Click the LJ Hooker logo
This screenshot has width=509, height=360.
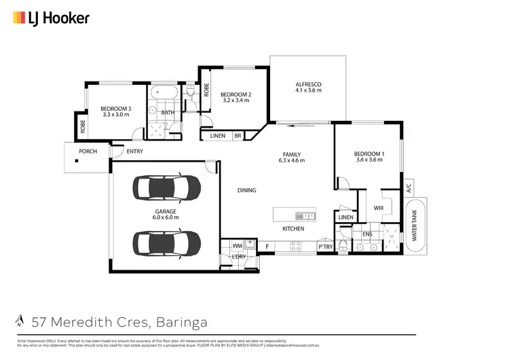(51, 18)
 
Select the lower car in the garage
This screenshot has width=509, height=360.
(166, 242)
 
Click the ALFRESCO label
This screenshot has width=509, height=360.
(307, 84)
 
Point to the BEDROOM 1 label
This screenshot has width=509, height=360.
(369, 154)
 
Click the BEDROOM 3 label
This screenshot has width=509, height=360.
(116, 109)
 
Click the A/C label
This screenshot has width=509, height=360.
(409, 188)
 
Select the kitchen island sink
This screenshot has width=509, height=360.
(305, 216)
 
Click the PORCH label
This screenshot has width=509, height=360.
(88, 151)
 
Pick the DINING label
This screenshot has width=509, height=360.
(246, 190)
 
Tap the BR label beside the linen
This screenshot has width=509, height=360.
(238, 136)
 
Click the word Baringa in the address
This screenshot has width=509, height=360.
(182, 320)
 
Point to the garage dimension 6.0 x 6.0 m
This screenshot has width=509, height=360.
(166, 217)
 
